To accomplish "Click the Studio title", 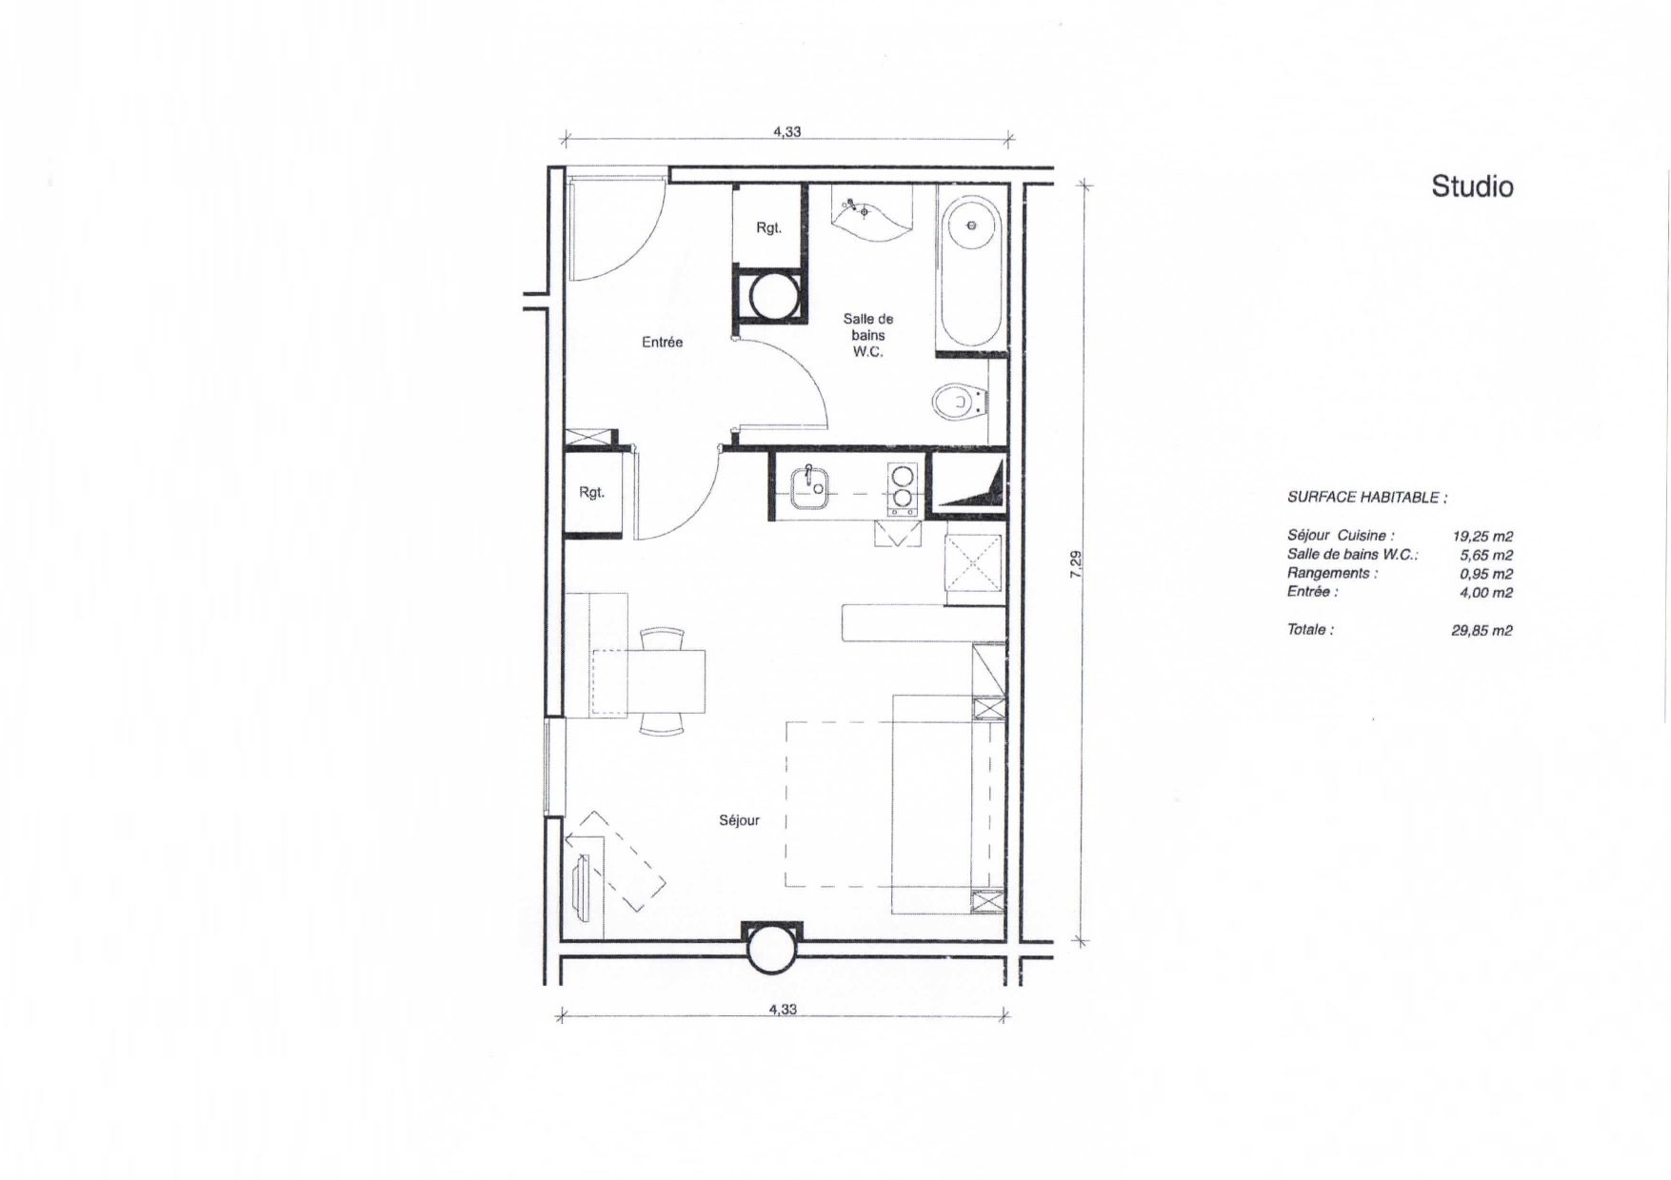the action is coord(1472,187).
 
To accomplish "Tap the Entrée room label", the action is coord(662,343).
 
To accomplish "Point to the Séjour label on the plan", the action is coord(739,820).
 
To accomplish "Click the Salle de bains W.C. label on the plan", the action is coord(868,336).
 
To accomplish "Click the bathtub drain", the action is coord(971,226).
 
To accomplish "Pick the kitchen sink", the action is coord(809,483).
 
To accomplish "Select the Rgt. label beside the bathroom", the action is coord(768,228).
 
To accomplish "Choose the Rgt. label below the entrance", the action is coord(592,493).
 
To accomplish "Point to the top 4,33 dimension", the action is coord(786,132).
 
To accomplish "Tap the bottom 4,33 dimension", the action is coord(783,1009).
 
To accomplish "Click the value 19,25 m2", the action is coord(1482,537).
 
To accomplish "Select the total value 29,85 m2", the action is coord(1482,630).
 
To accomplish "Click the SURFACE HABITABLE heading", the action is coord(1367,498).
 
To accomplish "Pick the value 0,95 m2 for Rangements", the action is coord(1486,574).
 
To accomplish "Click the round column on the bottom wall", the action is coord(772,949).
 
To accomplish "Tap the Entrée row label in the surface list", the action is coord(1313,592).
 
